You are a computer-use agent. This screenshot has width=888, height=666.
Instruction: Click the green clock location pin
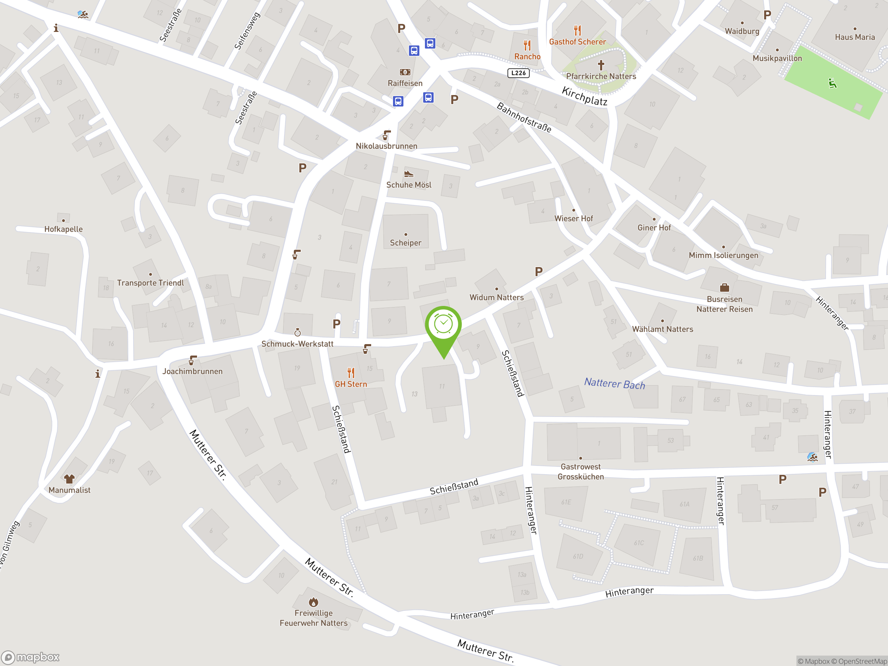pyautogui.click(x=443, y=325)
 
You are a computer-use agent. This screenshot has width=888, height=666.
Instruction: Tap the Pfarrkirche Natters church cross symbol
pyautogui.click(x=601, y=65)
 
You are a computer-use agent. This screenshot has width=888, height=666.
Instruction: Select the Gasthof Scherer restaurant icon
pyautogui.click(x=577, y=30)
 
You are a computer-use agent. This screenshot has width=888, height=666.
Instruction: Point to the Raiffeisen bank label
pyautogui.click(x=405, y=83)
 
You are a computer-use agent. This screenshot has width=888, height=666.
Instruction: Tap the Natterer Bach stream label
pyautogui.click(x=614, y=384)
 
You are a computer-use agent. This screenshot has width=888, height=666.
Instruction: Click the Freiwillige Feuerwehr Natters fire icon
pyautogui.click(x=314, y=602)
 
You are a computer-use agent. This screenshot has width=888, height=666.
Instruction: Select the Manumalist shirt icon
pyautogui.click(x=69, y=479)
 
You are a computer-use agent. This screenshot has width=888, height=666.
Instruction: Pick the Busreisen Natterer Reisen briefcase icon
pyautogui.click(x=724, y=288)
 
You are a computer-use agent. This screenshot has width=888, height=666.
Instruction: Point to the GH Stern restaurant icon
pyautogui.click(x=351, y=373)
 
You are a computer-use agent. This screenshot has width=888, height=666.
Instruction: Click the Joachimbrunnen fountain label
pyautogui.click(x=192, y=372)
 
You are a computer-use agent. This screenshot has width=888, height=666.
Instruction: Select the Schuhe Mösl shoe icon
pyautogui.click(x=408, y=174)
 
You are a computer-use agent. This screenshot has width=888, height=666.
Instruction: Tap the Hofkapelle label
pyautogui.click(x=63, y=229)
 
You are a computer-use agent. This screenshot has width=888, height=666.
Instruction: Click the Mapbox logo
pyautogui.click(x=31, y=657)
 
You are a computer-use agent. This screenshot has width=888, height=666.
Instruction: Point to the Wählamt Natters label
pyautogui.click(x=663, y=329)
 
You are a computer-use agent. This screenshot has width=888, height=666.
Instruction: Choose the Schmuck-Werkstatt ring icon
pyautogui.click(x=298, y=332)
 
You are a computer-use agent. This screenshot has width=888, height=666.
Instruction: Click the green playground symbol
pyautogui.click(x=832, y=84)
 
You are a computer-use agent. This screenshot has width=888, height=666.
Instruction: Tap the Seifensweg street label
pyautogui.click(x=247, y=31)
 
